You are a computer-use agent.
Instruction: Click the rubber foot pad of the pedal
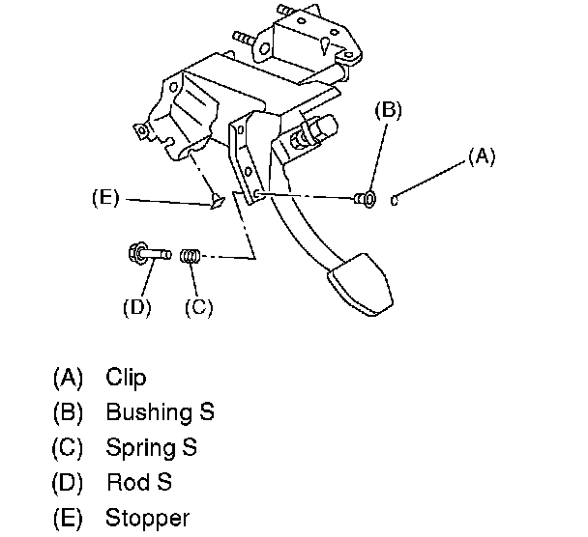tap(363, 282)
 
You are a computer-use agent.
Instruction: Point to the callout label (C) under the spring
tap(198, 308)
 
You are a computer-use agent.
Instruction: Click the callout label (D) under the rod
tap(135, 308)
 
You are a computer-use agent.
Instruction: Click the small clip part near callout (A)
tap(397, 200)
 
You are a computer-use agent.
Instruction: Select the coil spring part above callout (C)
tap(191, 256)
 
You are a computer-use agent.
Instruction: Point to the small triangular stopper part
tap(217, 203)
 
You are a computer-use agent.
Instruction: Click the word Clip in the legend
tap(126, 378)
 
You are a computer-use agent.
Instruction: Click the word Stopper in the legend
tap(148, 517)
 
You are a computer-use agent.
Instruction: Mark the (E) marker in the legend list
tap(69, 517)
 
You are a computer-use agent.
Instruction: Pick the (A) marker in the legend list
tap(69, 378)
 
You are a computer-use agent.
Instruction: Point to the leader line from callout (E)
tap(164, 201)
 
